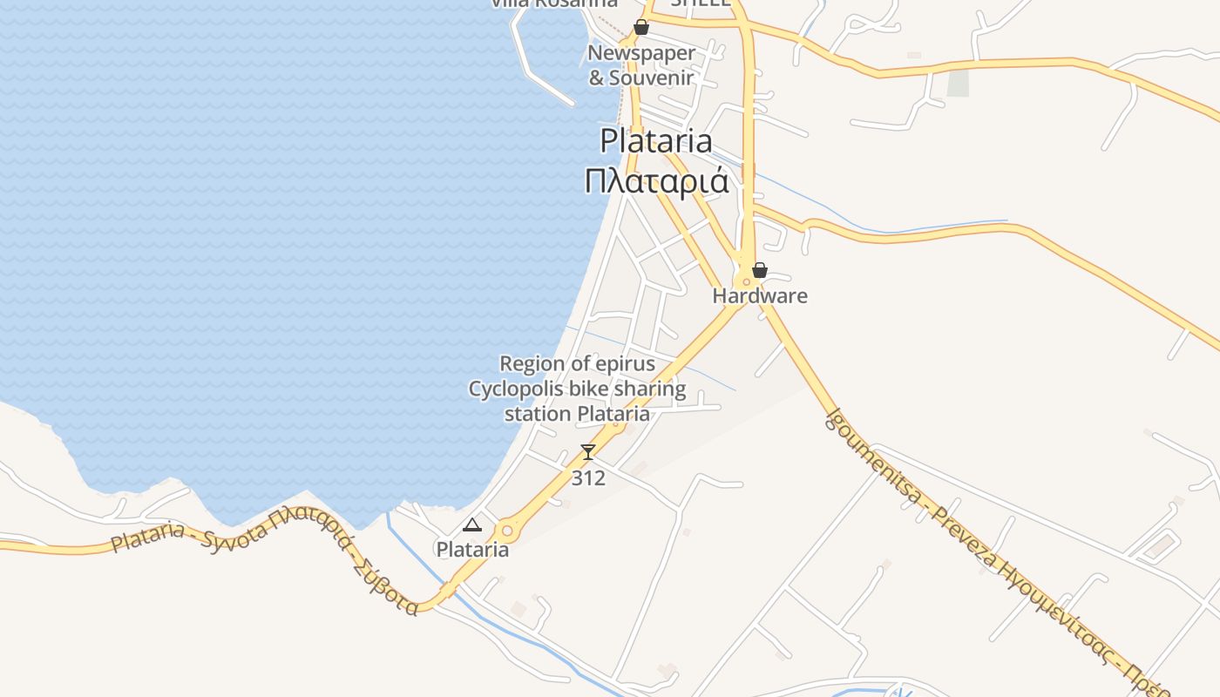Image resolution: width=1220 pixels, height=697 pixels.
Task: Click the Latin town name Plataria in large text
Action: pos(655,141)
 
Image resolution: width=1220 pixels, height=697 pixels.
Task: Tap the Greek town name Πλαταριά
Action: pos(655,181)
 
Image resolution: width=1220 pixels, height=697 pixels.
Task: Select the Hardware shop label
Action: pos(760,296)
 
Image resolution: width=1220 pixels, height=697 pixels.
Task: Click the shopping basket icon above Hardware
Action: pos(760,270)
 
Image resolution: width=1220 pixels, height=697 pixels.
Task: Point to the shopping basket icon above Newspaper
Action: pos(641,27)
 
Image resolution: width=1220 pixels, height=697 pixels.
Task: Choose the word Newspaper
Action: pos(641,53)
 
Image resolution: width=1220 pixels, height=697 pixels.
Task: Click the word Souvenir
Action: pos(652,78)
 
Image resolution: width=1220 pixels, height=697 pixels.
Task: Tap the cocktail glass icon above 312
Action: pos(588,452)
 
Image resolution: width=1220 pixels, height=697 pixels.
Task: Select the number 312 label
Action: pos(588,478)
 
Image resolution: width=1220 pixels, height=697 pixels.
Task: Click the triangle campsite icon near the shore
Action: pos(472,524)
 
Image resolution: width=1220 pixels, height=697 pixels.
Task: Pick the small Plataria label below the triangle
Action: pos(472,550)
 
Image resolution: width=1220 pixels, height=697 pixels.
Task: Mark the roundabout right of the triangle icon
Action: pos(507,530)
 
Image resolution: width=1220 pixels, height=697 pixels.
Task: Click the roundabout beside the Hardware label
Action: pos(746,281)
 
